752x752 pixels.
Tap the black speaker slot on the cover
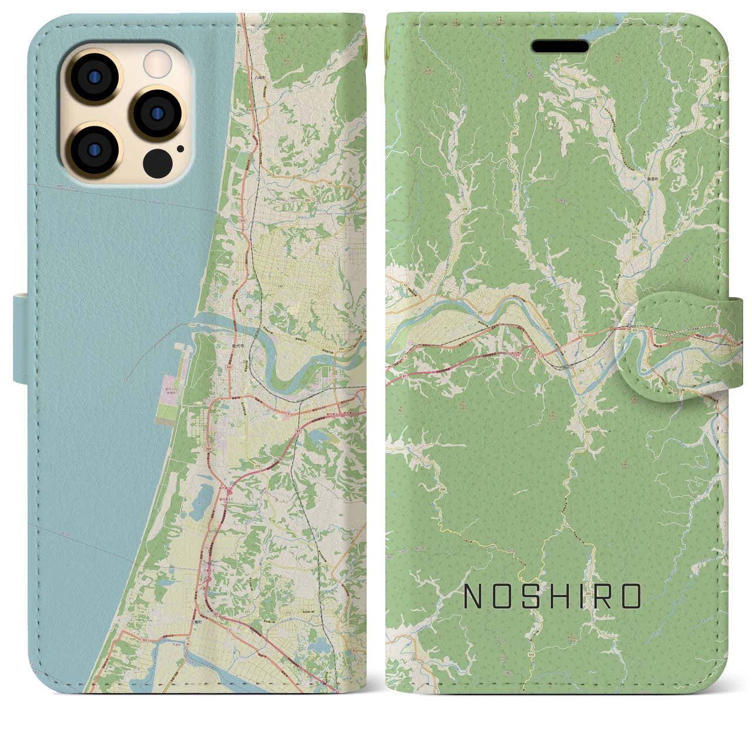click(560, 46)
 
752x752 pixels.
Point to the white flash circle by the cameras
click(156, 62)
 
